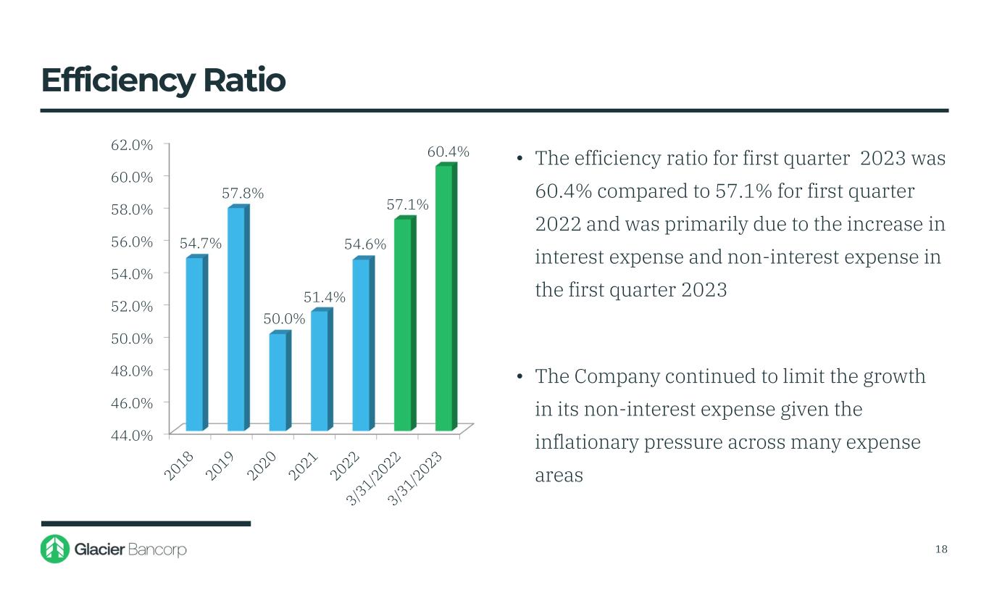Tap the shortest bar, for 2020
coord(277,381)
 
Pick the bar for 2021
coord(320,370)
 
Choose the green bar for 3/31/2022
coord(403,323)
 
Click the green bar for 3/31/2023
coord(444,297)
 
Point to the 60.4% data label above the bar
coord(448,152)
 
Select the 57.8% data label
coord(243,194)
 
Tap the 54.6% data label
coord(365,245)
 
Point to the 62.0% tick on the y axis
coord(132,144)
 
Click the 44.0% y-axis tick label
coord(132,435)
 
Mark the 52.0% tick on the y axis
coord(132,306)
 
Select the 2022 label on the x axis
coord(346,465)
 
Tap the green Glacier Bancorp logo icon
coord(55,549)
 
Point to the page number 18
coord(941,549)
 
